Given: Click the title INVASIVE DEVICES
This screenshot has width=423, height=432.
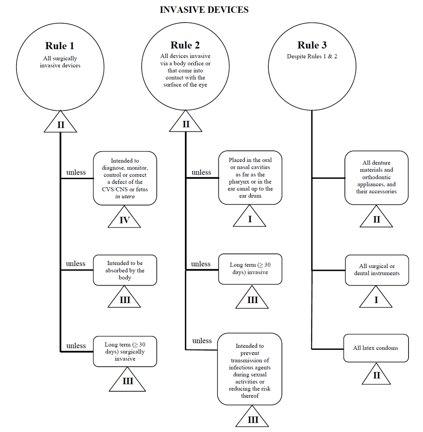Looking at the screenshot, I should tap(204, 10).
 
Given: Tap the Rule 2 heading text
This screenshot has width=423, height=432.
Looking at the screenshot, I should tap(185, 45).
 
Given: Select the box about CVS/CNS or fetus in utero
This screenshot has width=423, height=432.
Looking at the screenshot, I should tap(125, 178).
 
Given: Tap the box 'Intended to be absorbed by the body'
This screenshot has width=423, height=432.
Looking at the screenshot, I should tap(125, 270).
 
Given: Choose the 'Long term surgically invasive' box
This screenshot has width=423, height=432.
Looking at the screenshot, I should tap(125, 351).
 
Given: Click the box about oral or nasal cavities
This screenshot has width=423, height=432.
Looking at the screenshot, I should tap(250, 178).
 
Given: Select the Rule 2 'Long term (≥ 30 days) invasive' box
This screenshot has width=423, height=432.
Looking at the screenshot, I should tap(250, 269).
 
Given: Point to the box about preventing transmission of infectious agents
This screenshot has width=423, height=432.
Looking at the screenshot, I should tap(250, 368).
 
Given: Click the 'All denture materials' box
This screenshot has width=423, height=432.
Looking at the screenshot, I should tap(376, 177).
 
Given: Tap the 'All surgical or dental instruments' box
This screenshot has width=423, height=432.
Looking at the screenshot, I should tap(377, 270).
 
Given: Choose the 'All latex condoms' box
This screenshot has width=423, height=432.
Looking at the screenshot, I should tap(376, 348).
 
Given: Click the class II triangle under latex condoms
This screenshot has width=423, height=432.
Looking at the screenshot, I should tap(377, 375).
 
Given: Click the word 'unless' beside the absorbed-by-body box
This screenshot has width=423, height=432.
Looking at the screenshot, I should tap(76, 264).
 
